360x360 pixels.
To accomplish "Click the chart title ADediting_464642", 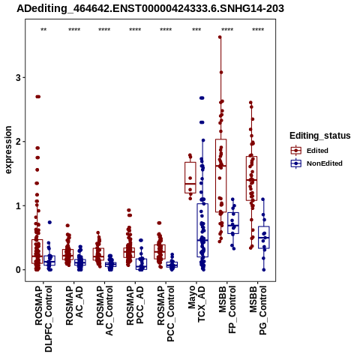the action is [150, 9].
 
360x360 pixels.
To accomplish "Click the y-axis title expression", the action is [8, 150].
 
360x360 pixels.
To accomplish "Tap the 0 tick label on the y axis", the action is [18, 270].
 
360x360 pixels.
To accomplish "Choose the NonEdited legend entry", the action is [316, 163].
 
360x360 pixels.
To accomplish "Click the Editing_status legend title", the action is [320, 136].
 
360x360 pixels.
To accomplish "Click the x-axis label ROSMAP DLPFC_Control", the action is [43, 319].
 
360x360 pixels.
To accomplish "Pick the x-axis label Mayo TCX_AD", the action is [196, 304].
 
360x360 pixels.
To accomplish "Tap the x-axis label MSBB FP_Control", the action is [227, 310].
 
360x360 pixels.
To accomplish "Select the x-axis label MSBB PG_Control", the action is [258, 310].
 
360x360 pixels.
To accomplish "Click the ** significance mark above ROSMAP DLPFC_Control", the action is [43, 30].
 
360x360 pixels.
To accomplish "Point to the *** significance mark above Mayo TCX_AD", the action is [196, 30].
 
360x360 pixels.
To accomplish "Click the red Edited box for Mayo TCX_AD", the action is [190, 162].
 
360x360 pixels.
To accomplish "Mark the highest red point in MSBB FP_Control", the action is [220, 37].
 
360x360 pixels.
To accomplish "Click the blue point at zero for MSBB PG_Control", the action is [264, 270].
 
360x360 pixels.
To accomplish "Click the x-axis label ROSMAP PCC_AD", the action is [135, 305].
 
